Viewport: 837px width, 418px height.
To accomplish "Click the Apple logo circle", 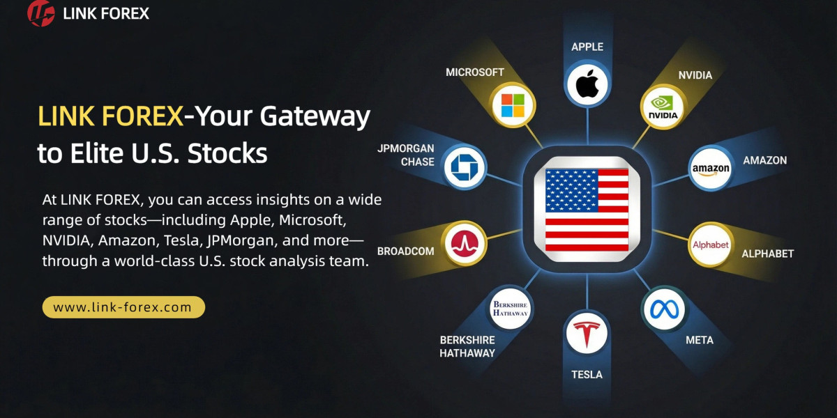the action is point(587,84).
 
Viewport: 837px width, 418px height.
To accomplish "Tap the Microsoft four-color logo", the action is point(513,105).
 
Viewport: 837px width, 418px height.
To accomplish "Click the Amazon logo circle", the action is point(710,169).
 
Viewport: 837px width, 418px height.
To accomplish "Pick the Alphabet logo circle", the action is point(710,245).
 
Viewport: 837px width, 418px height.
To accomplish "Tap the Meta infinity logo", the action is point(664,310).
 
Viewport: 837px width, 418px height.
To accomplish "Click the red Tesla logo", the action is point(587,334).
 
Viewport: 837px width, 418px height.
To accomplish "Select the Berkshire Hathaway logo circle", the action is point(510,309).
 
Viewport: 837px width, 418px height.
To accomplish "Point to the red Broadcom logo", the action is point(465,243).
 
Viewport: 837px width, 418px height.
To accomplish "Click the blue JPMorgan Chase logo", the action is point(465,167).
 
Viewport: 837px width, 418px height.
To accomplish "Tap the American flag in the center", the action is point(587,210).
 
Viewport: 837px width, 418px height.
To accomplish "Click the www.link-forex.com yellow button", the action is point(123,307).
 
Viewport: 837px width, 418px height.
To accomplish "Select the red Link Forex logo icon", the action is point(40,13).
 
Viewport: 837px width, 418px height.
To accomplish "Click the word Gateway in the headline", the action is point(315,117).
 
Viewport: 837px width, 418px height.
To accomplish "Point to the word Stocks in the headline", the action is point(227,153).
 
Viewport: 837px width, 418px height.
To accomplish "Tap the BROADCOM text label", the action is point(405,251).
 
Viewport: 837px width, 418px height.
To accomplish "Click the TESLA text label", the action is point(587,374).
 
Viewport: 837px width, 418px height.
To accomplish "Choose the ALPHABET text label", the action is point(767,254).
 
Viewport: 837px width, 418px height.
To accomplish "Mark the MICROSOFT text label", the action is point(474,72).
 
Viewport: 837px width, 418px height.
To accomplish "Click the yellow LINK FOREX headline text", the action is point(111,116).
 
